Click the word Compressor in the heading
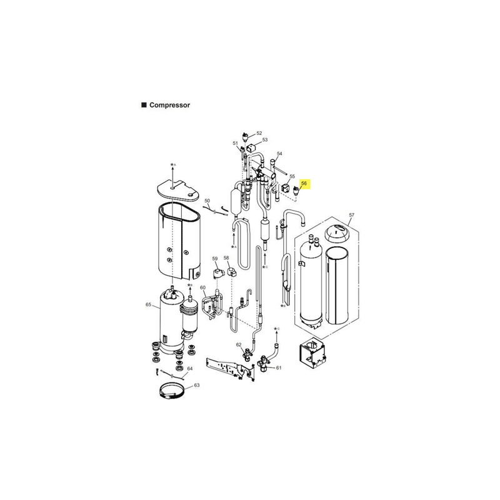[x=169, y=105]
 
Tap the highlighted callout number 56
[x=304, y=183]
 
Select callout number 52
[x=259, y=133]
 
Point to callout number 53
[x=265, y=139]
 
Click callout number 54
[x=279, y=154]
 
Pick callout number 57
[x=351, y=215]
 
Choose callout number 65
[x=148, y=304]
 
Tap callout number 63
[x=197, y=385]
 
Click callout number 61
[x=279, y=367]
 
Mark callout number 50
[x=207, y=201]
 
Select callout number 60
[x=202, y=287]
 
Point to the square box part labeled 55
[x=286, y=188]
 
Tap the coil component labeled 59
[x=219, y=274]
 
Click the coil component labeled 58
[x=232, y=272]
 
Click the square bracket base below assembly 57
[x=312, y=352]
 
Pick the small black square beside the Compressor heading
[x=144, y=105]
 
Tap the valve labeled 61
[x=264, y=364]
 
